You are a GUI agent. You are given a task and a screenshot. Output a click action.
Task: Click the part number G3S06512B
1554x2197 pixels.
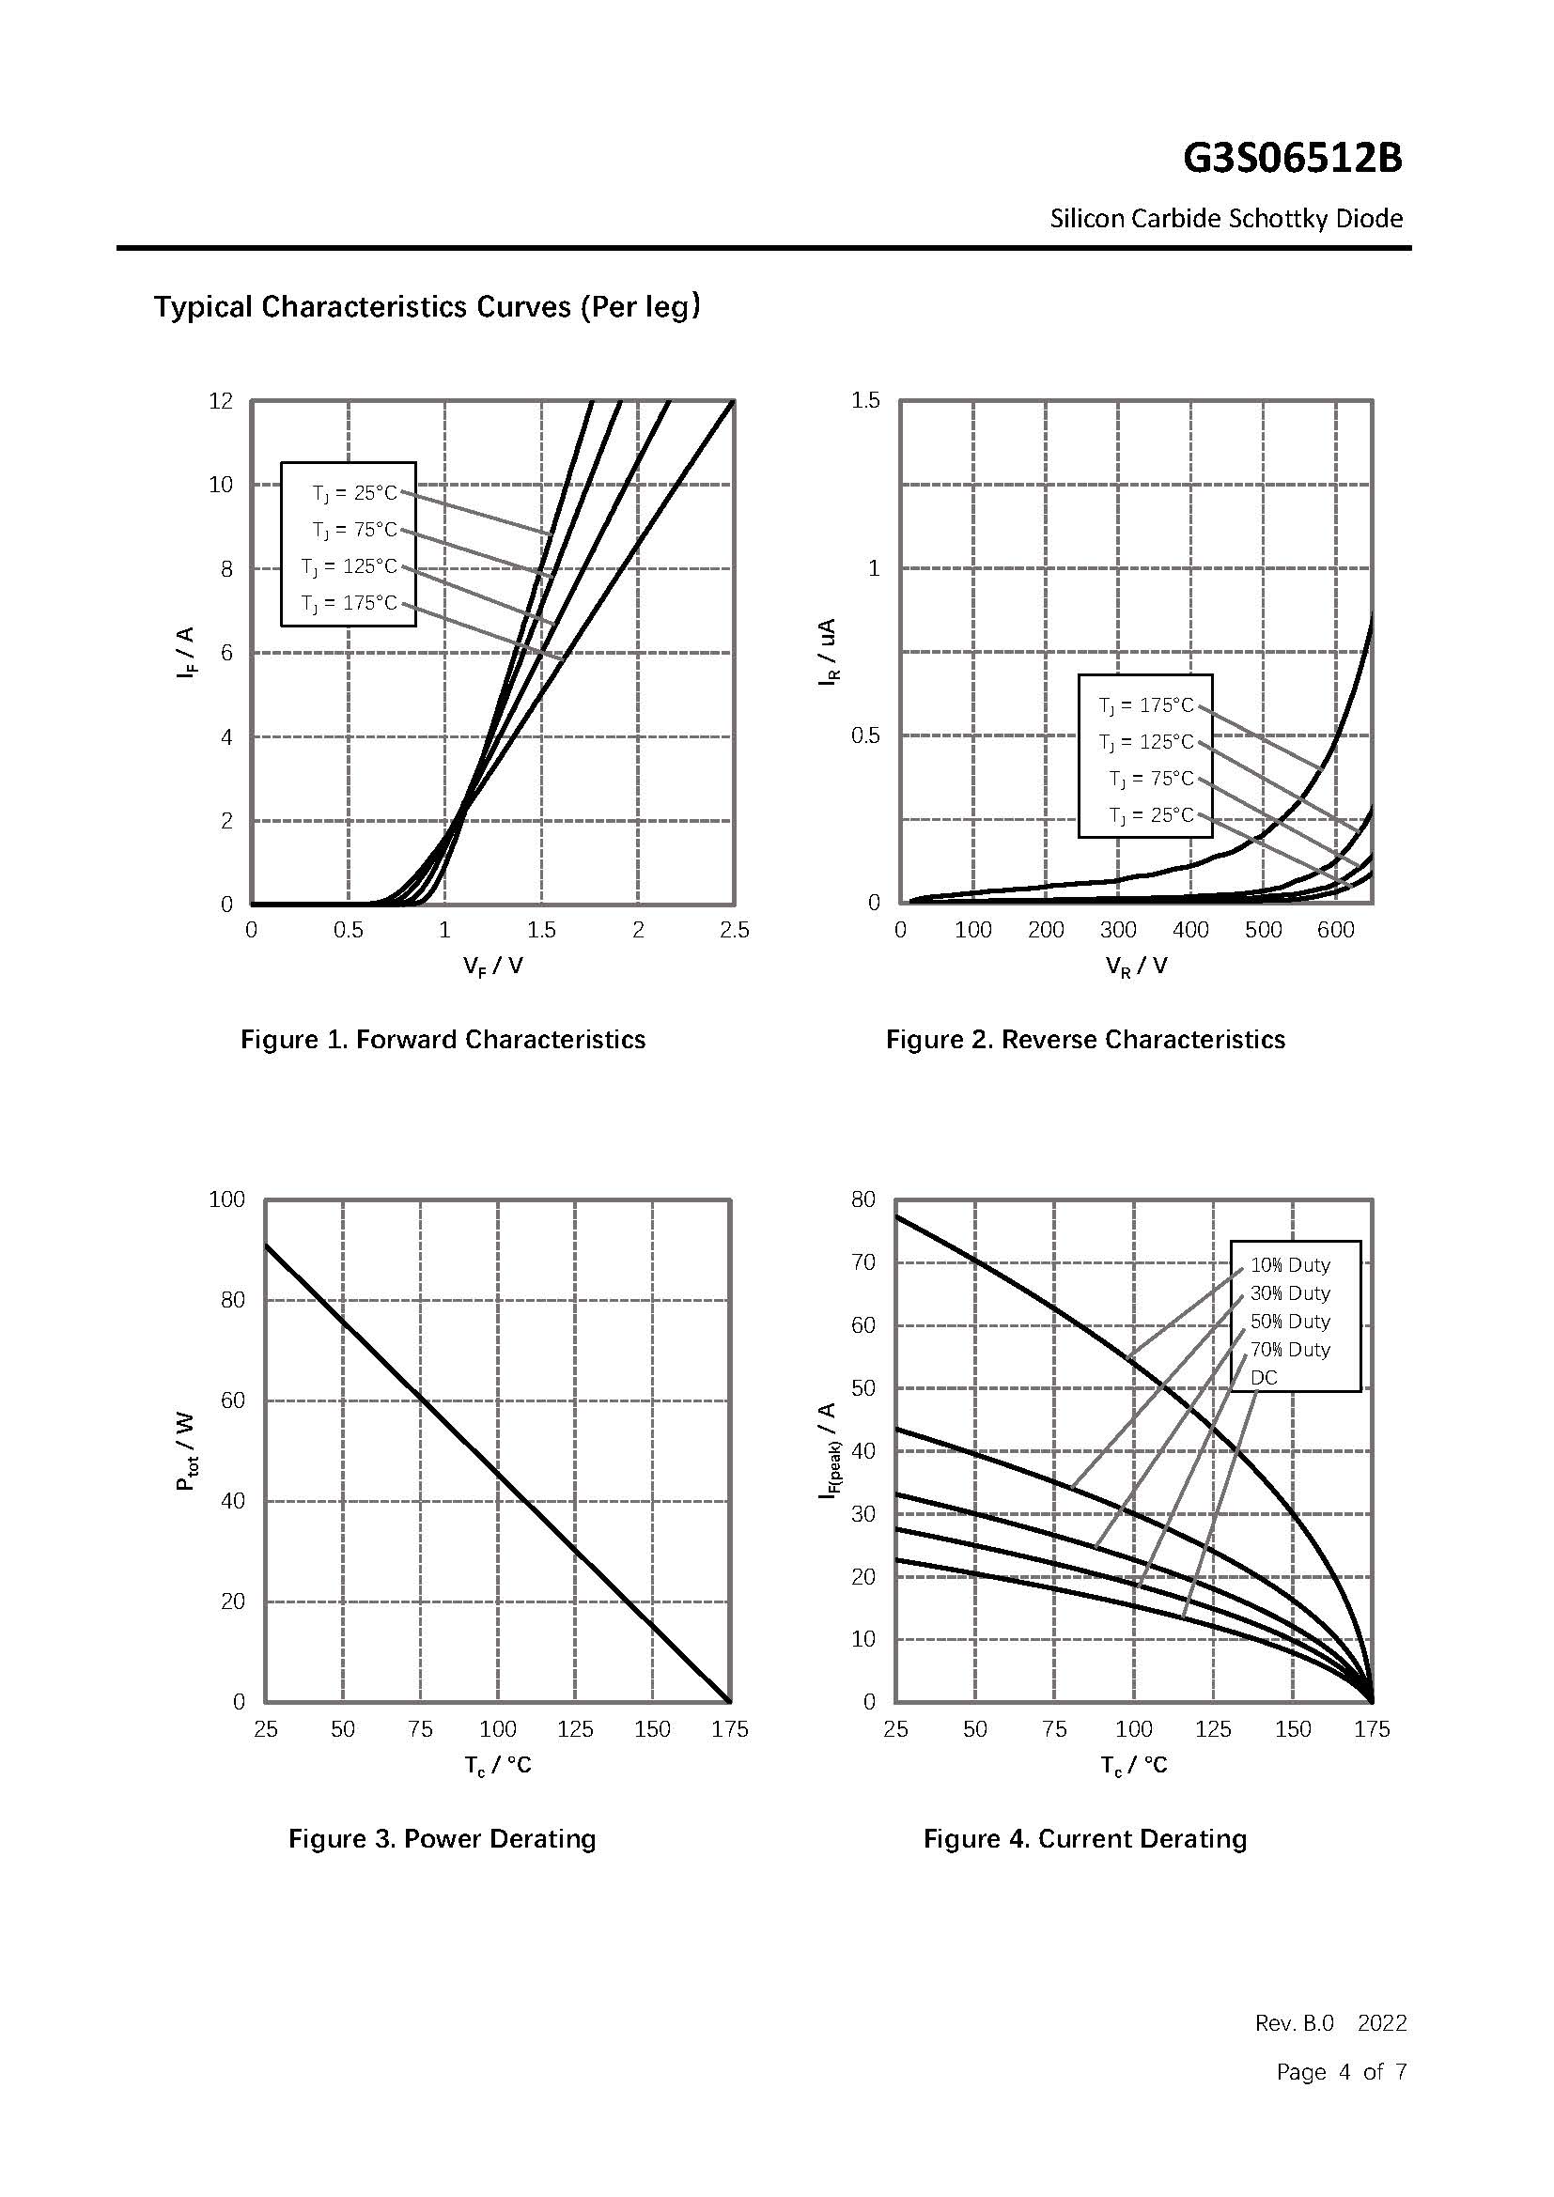click(x=1292, y=159)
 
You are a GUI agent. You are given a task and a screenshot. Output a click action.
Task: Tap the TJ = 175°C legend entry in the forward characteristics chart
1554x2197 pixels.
click(x=349, y=603)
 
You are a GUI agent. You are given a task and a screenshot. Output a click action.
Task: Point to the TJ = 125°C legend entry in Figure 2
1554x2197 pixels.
click(x=1146, y=742)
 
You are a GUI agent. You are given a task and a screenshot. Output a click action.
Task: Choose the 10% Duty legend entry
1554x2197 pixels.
click(x=1290, y=1265)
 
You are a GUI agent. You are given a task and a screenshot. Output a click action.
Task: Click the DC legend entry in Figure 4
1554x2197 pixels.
click(x=1264, y=1377)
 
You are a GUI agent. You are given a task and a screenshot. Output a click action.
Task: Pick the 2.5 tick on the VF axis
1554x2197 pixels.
click(x=734, y=930)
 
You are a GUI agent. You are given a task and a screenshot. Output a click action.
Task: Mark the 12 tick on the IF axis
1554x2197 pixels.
click(x=221, y=401)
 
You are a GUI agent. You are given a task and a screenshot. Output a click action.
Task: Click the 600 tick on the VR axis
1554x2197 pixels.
click(x=1336, y=930)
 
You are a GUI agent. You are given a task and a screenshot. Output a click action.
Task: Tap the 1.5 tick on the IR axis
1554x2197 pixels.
click(x=865, y=401)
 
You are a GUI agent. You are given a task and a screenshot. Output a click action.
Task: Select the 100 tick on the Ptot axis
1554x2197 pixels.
click(x=226, y=1199)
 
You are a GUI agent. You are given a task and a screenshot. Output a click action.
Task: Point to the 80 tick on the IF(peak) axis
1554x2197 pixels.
click(x=863, y=1199)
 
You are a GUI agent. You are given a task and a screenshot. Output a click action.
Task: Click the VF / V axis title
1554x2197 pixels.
click(x=493, y=966)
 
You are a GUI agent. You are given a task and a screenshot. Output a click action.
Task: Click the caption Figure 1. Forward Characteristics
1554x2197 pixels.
click(x=443, y=1039)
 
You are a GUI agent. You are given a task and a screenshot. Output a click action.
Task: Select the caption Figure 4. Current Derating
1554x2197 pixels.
click(x=1085, y=1838)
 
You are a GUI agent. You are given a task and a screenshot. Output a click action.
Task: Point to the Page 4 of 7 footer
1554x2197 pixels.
click(x=1342, y=2072)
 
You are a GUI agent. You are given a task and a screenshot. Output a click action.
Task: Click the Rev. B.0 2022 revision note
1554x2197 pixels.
click(x=1331, y=2023)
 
